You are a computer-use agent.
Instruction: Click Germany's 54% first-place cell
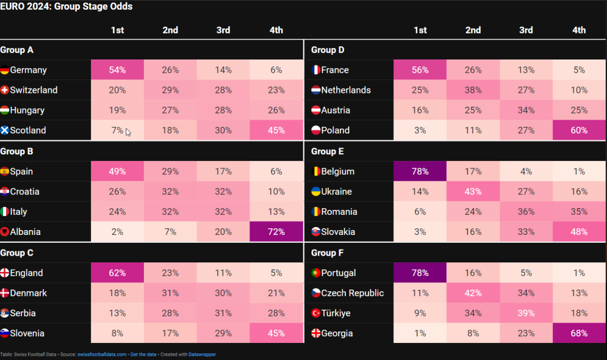tap(117, 70)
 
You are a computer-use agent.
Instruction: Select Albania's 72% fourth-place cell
tap(276, 232)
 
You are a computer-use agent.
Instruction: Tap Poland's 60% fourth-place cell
tap(578, 131)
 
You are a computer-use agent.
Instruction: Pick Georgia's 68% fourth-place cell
tap(578, 333)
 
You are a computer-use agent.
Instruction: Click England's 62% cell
tap(117, 273)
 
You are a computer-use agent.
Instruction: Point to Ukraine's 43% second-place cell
tap(473, 192)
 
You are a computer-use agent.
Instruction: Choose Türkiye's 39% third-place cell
tap(526, 313)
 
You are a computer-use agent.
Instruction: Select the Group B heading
tap(17, 151)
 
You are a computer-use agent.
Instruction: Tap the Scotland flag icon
tap(5, 131)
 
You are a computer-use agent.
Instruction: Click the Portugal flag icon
tap(316, 273)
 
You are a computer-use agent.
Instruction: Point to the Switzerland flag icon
tap(5, 90)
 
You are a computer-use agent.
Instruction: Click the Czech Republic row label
tap(352, 293)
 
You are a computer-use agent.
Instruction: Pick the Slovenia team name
tap(27, 333)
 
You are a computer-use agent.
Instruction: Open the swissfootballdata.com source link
tap(102, 355)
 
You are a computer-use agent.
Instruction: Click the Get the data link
tap(143, 355)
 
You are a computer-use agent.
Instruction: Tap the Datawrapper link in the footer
tap(202, 355)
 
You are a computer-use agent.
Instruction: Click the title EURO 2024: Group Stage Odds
tap(67, 7)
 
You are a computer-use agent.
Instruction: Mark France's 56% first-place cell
tap(419, 70)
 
